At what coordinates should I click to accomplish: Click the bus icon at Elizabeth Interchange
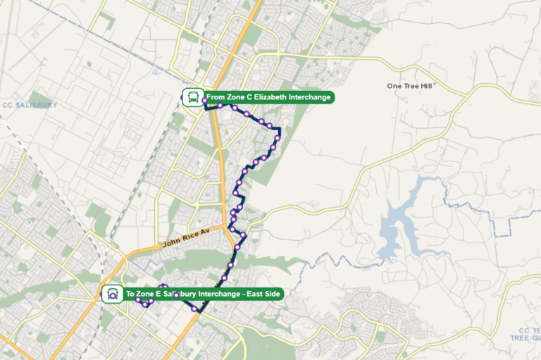coord(192,97)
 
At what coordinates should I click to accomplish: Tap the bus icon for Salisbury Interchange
coord(111,294)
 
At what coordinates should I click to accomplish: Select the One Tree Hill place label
coord(411,86)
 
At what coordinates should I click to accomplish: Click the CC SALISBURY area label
coord(29,105)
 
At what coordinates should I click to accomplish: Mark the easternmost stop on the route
coord(278,138)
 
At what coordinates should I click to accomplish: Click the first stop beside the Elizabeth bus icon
coord(204,101)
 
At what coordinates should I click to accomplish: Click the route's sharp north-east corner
coord(280,128)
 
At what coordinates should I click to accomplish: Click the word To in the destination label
coord(130,294)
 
